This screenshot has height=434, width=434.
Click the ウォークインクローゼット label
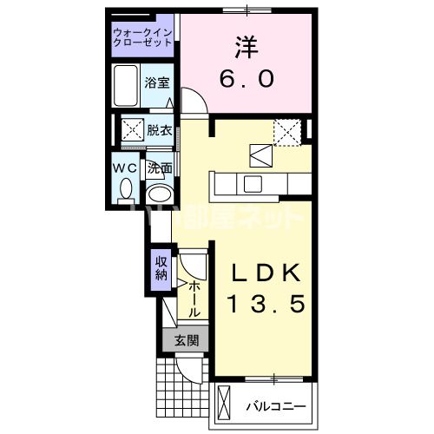[x=143, y=39]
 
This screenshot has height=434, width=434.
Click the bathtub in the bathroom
[x=126, y=85]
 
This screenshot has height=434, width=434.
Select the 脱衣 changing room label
[x=159, y=131]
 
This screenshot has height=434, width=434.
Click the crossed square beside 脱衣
[x=132, y=131]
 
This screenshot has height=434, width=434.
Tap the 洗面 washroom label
[x=159, y=168]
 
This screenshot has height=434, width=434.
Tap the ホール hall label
[x=195, y=298]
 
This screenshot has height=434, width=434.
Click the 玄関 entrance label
[x=185, y=340]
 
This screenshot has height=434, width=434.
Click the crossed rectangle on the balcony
[x=227, y=405]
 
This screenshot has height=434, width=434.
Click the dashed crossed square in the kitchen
[x=286, y=132]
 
